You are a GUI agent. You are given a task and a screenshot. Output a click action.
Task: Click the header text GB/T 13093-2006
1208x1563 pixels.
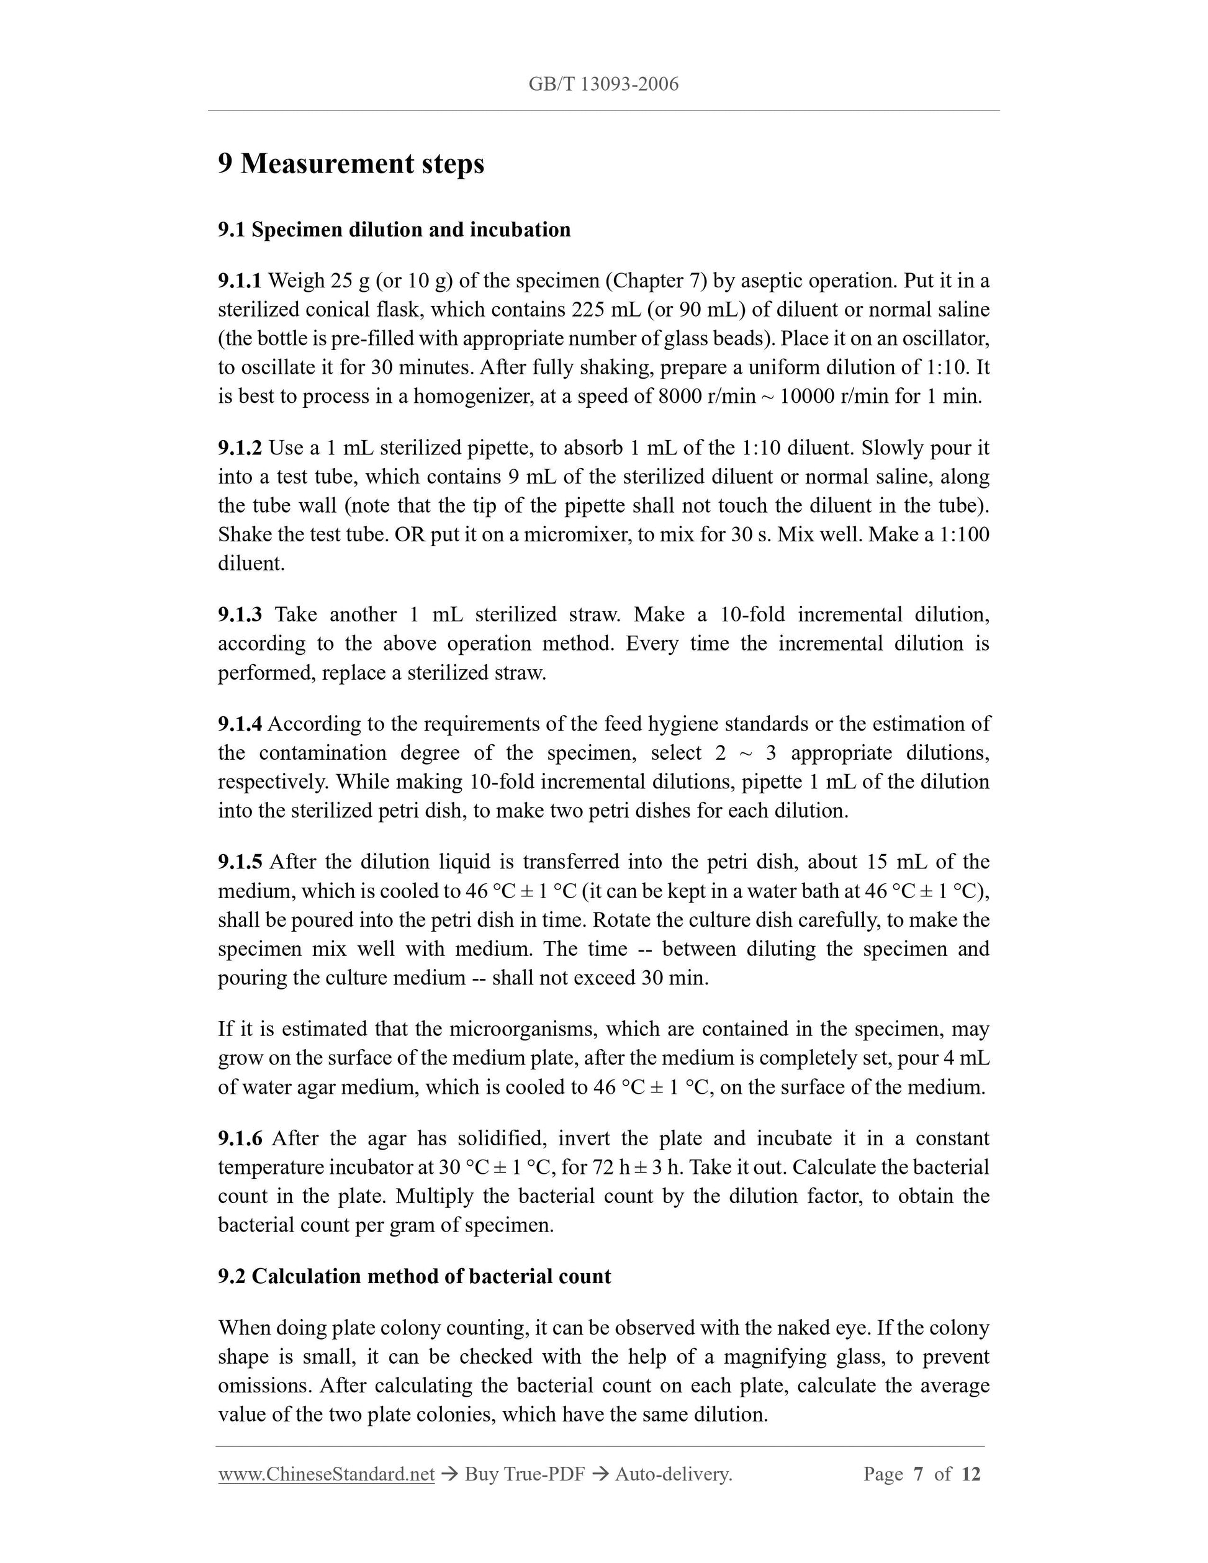(603, 84)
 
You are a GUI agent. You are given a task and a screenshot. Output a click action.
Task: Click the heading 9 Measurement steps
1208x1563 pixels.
(351, 164)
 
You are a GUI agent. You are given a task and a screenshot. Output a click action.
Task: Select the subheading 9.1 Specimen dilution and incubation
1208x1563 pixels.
(394, 230)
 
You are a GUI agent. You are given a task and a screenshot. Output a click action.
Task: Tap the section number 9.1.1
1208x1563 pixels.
(240, 281)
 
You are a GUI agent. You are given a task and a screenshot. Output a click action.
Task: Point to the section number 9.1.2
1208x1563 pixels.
(240, 448)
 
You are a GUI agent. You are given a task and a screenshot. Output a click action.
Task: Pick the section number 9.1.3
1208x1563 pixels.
(240, 615)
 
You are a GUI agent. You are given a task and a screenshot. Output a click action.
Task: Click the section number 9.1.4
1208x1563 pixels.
(240, 724)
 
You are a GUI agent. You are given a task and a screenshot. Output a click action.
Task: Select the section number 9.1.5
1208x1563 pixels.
(240, 862)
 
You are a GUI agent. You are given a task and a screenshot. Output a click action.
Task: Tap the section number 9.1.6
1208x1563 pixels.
(240, 1138)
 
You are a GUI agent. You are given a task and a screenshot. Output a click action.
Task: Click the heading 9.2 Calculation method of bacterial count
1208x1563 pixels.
(414, 1277)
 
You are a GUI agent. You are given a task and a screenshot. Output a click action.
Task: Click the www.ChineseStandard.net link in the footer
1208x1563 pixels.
(327, 1474)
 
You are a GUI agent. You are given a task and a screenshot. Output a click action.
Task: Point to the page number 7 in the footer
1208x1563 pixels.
(918, 1474)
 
